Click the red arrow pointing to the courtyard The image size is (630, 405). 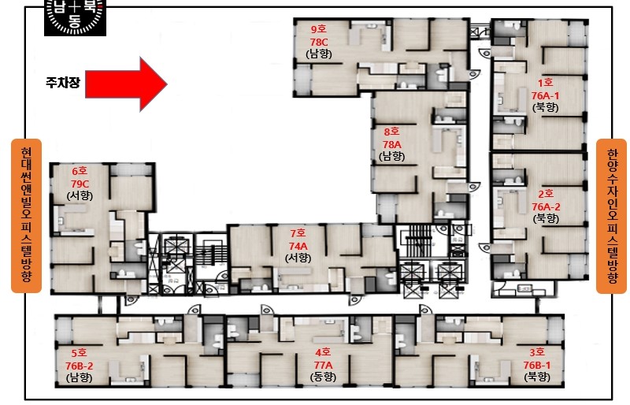(126, 84)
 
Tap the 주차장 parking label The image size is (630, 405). (63, 83)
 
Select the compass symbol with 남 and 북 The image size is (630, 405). (75, 17)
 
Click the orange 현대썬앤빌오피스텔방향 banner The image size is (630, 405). (26, 216)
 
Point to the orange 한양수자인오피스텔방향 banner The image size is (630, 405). (612, 216)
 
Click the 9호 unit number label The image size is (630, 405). (319, 29)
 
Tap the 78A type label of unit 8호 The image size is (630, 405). (391, 144)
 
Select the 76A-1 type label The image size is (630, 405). (545, 95)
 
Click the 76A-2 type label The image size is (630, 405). (546, 206)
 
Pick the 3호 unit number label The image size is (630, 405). (537, 352)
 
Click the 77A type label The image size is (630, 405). (323, 365)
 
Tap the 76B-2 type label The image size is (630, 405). (80, 366)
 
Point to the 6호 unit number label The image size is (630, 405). (80, 171)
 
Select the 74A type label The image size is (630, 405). (298, 246)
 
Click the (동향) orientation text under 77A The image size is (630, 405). (323, 377)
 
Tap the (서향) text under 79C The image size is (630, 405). (80, 196)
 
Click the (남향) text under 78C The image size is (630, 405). (319, 54)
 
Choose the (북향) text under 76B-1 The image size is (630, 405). (537, 377)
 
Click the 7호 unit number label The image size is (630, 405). (298, 233)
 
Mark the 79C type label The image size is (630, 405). (80, 184)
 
